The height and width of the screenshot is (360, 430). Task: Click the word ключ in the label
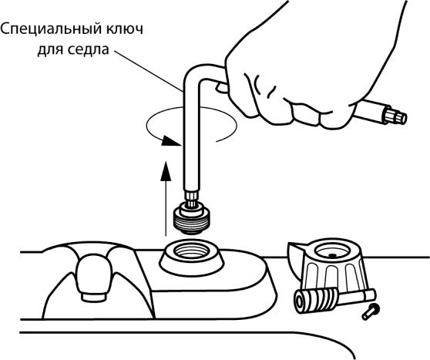pyautogui.click(x=126, y=29)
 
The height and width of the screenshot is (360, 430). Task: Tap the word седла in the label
pyautogui.click(x=88, y=50)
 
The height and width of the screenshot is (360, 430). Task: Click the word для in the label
pyautogui.click(x=50, y=50)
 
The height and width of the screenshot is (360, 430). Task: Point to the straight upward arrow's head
pyautogui.click(x=166, y=171)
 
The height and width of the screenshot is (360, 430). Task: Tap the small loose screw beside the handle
pyautogui.click(x=371, y=311)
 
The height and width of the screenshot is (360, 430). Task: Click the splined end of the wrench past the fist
pyautogui.click(x=395, y=116)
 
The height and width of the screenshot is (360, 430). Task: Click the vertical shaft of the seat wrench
pyautogui.click(x=190, y=137)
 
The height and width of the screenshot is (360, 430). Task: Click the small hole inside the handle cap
pyautogui.click(x=333, y=256)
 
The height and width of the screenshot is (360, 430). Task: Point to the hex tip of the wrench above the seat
pyautogui.click(x=191, y=198)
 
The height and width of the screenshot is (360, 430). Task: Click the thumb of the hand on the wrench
pyautogui.click(x=222, y=88)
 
